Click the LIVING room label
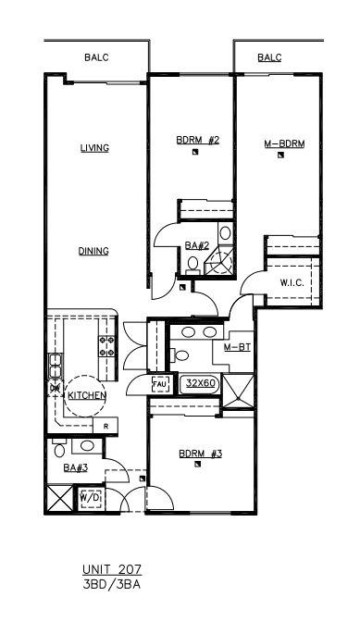(x=94, y=148)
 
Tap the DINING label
(x=93, y=251)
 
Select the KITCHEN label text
(x=87, y=395)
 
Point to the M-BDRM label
(x=285, y=143)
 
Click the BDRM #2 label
(x=198, y=140)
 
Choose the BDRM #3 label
(x=200, y=454)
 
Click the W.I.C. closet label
(x=292, y=283)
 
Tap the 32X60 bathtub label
(x=201, y=383)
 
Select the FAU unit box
(x=161, y=384)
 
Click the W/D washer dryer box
(x=90, y=497)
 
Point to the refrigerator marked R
(x=106, y=426)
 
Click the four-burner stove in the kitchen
(x=107, y=346)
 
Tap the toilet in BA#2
(x=193, y=265)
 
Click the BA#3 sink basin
(x=87, y=445)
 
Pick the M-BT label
(x=237, y=348)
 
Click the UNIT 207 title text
(x=112, y=570)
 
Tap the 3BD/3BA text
(x=111, y=585)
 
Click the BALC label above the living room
(x=96, y=57)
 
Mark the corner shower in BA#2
(x=221, y=260)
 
